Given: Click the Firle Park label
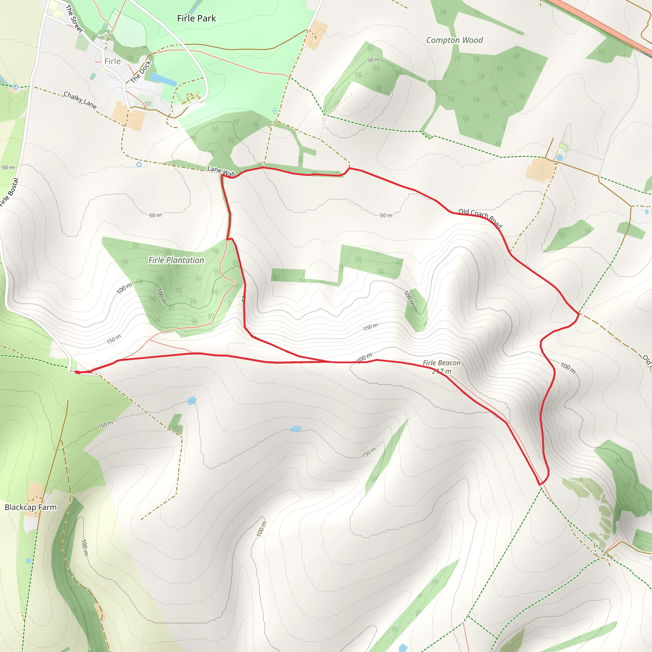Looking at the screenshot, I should tap(196, 18).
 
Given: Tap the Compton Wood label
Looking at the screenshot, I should tap(454, 40).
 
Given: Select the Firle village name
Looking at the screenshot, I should tap(112, 61).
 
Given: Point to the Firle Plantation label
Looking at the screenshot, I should tap(176, 260).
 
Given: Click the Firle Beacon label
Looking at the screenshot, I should tap(442, 363).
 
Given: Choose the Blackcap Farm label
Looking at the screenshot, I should tap(30, 507).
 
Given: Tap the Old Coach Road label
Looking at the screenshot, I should tap(480, 218).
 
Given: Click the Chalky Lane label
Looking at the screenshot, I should tap(80, 100).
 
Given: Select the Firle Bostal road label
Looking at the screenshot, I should tap(9, 192).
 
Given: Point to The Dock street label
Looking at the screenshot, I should tap(141, 72).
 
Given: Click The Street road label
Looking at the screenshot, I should tap(74, 19).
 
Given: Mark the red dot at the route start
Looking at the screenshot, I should tap(77, 372).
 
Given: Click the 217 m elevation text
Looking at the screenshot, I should tap(442, 371).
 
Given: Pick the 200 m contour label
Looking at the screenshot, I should tap(364, 358).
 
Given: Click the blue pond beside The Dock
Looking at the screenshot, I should tap(163, 79).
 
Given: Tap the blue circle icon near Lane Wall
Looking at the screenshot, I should tap(139, 165).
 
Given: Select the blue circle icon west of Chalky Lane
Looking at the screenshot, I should tap(15, 87).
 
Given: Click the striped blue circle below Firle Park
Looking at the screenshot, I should tap(275, 110).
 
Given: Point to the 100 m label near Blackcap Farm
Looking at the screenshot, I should tap(84, 547).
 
